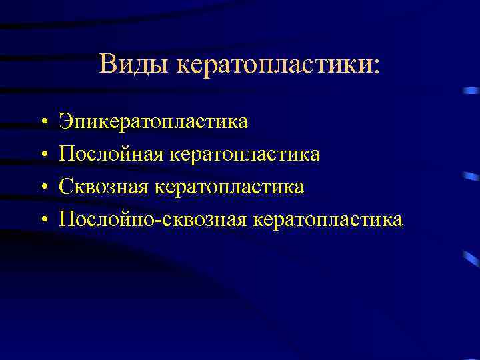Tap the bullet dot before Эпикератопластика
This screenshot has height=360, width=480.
click(x=42, y=123)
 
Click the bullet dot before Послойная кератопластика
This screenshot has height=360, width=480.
click(x=42, y=155)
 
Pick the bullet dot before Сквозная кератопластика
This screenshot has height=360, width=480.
click(x=42, y=187)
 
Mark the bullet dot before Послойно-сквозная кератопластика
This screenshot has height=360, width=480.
click(x=42, y=219)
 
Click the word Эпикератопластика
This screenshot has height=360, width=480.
click(x=153, y=121)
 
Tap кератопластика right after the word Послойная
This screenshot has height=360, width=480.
click(x=245, y=154)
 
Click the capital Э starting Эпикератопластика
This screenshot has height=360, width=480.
click(x=65, y=121)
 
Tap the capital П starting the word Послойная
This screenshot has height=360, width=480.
click(x=67, y=154)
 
